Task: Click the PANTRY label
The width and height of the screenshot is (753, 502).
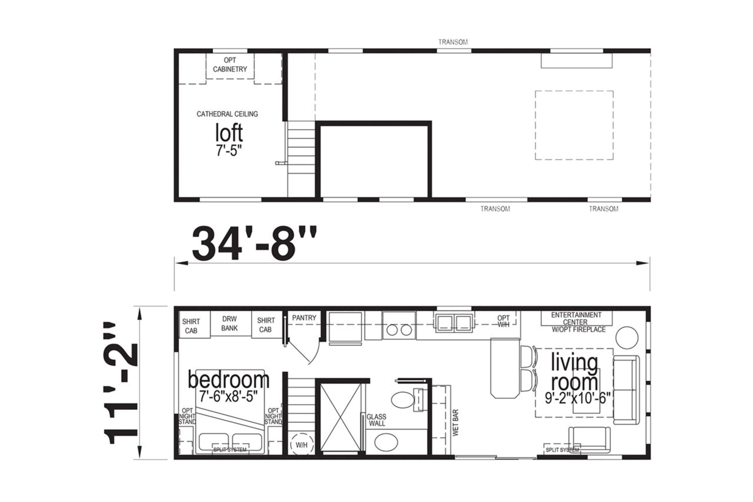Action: tap(304, 318)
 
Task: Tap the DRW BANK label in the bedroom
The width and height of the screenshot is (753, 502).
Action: tap(229, 323)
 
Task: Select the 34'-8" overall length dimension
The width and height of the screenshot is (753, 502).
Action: tap(254, 244)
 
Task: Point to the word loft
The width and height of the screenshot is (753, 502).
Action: tap(229, 133)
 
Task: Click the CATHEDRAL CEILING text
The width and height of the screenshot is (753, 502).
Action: tap(227, 114)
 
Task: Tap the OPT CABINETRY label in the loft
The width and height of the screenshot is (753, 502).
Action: tap(230, 65)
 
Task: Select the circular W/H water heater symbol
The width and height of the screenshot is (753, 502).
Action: tap(302, 445)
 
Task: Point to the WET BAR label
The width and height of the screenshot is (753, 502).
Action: tap(456, 422)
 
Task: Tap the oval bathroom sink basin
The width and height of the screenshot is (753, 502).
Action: tap(386, 442)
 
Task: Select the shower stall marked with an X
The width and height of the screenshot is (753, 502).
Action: tap(340, 417)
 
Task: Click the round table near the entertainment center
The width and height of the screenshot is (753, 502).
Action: tap(627, 337)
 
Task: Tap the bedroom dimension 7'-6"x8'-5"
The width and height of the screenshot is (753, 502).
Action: tap(228, 397)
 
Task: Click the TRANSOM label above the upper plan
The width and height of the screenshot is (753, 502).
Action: tap(453, 42)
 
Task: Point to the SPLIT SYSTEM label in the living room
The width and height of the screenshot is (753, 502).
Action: tap(563, 450)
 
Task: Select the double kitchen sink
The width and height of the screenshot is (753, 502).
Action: tap(452, 323)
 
